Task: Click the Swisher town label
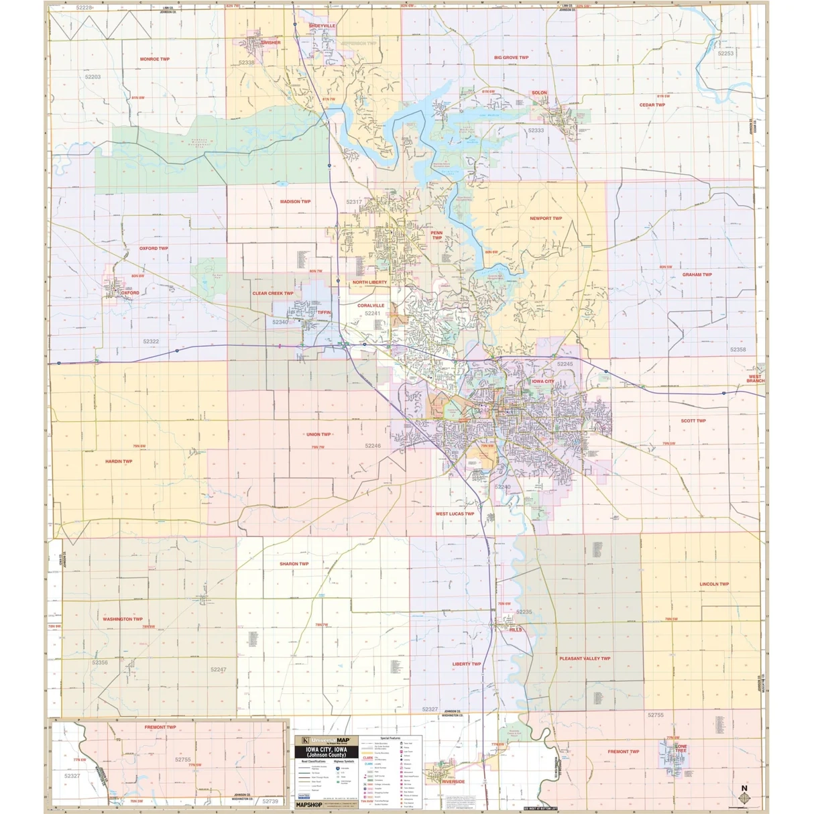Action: (x=271, y=43)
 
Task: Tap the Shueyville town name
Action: (x=322, y=26)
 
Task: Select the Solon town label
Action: (x=539, y=93)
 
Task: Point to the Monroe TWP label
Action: (x=155, y=59)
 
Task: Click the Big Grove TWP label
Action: (x=512, y=58)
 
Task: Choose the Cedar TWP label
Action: (x=652, y=105)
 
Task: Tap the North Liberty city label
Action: (x=369, y=282)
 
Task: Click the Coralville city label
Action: (x=371, y=306)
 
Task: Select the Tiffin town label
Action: (x=324, y=312)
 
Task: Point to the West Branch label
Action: (x=755, y=379)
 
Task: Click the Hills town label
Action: (x=515, y=630)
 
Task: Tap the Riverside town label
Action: (x=453, y=782)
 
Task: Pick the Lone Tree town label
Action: (x=681, y=748)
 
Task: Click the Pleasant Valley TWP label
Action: (x=585, y=658)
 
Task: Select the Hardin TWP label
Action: (x=119, y=461)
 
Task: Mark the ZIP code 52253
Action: (x=725, y=53)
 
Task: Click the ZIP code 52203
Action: (x=93, y=77)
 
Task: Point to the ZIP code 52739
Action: (x=270, y=801)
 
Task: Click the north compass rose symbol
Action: (x=744, y=797)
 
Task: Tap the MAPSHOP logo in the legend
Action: (x=309, y=804)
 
